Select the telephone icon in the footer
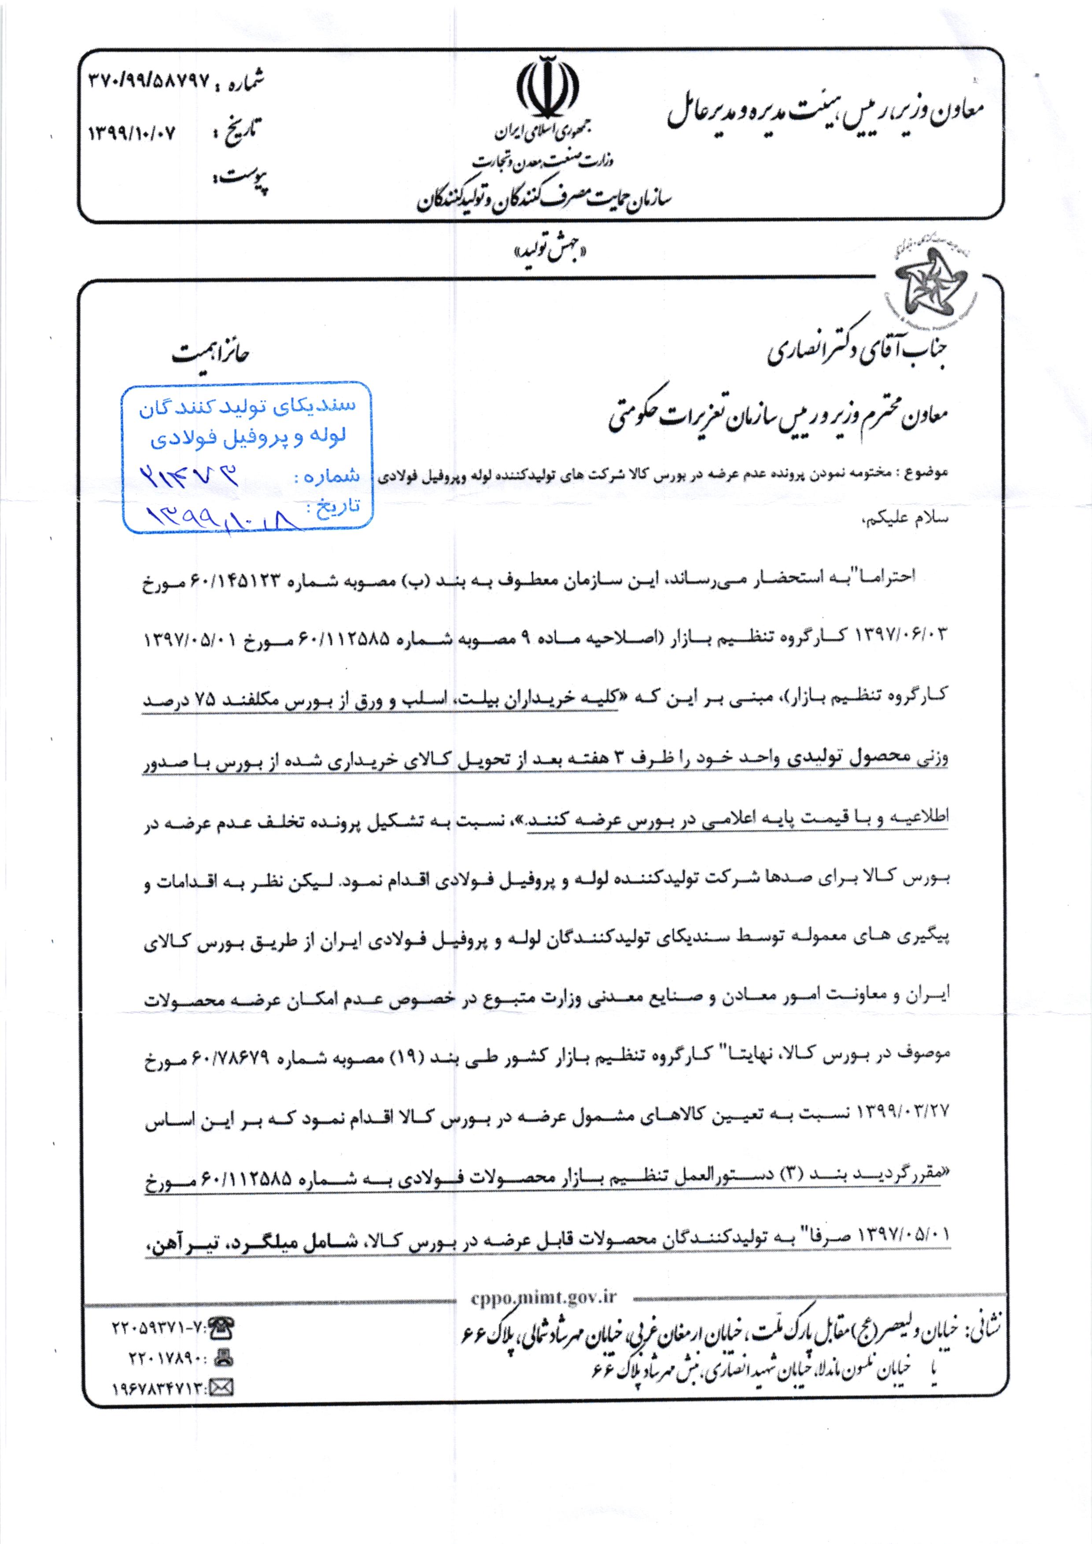[221, 1328]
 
